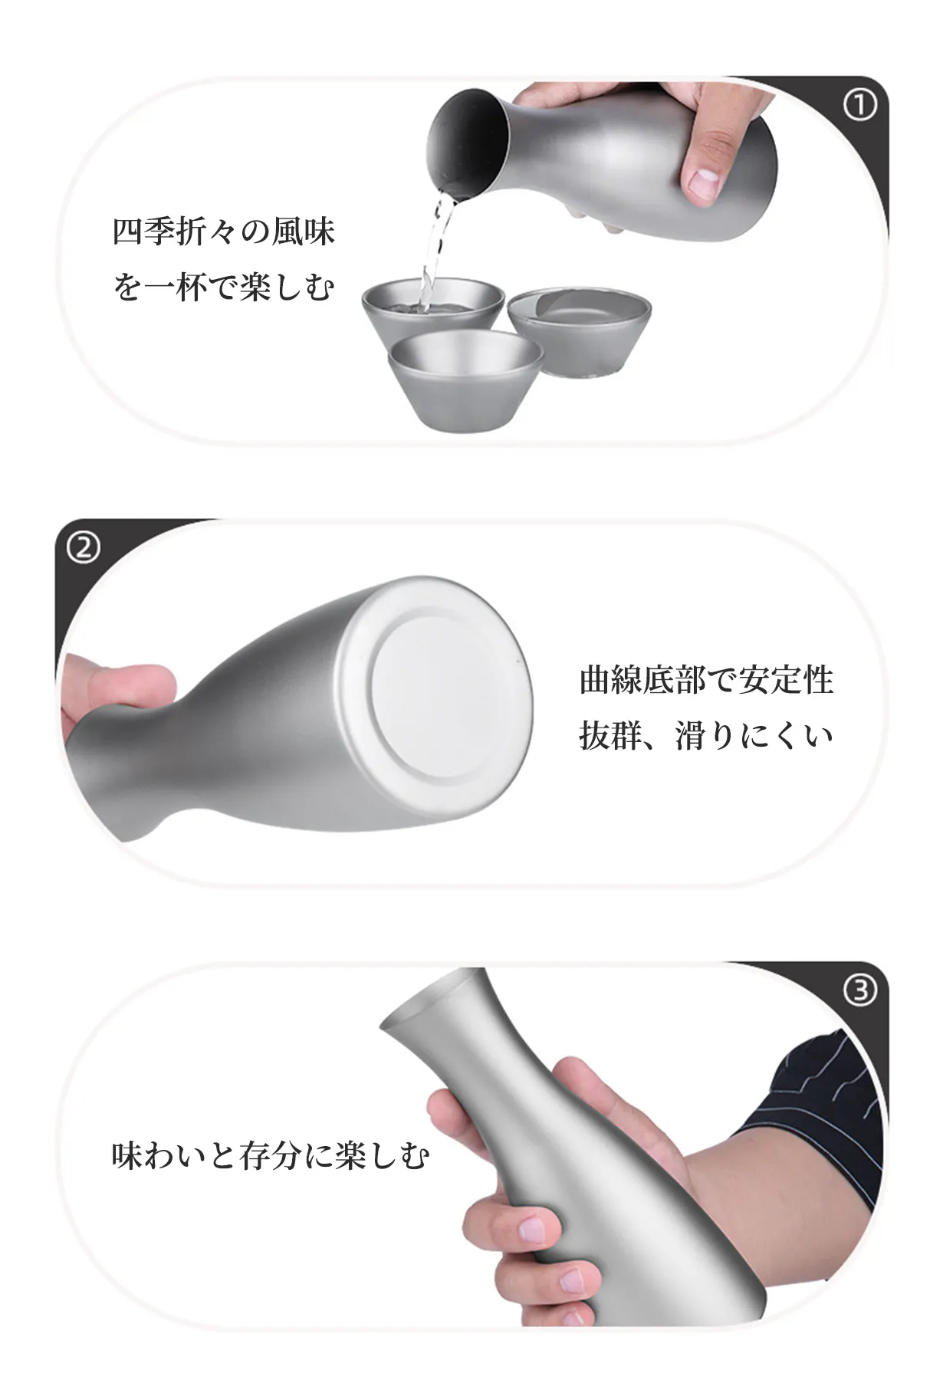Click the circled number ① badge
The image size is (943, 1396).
point(859,105)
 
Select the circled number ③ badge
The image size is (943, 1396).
point(859,990)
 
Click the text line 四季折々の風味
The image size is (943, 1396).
point(224,232)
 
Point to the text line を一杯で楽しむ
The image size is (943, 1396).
point(224,288)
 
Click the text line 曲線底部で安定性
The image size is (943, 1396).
point(706,679)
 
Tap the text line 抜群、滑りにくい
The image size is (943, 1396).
point(706,737)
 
